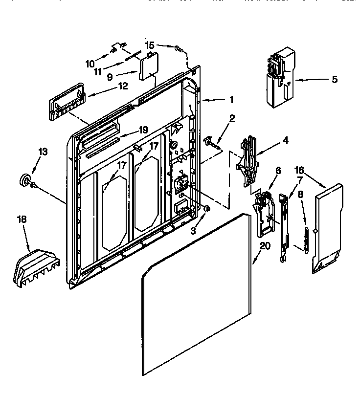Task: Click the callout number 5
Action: coord(334,79)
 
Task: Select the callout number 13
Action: coord(43,152)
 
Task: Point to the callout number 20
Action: coord(264,246)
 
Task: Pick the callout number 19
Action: coord(142,130)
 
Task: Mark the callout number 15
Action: coord(150,44)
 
